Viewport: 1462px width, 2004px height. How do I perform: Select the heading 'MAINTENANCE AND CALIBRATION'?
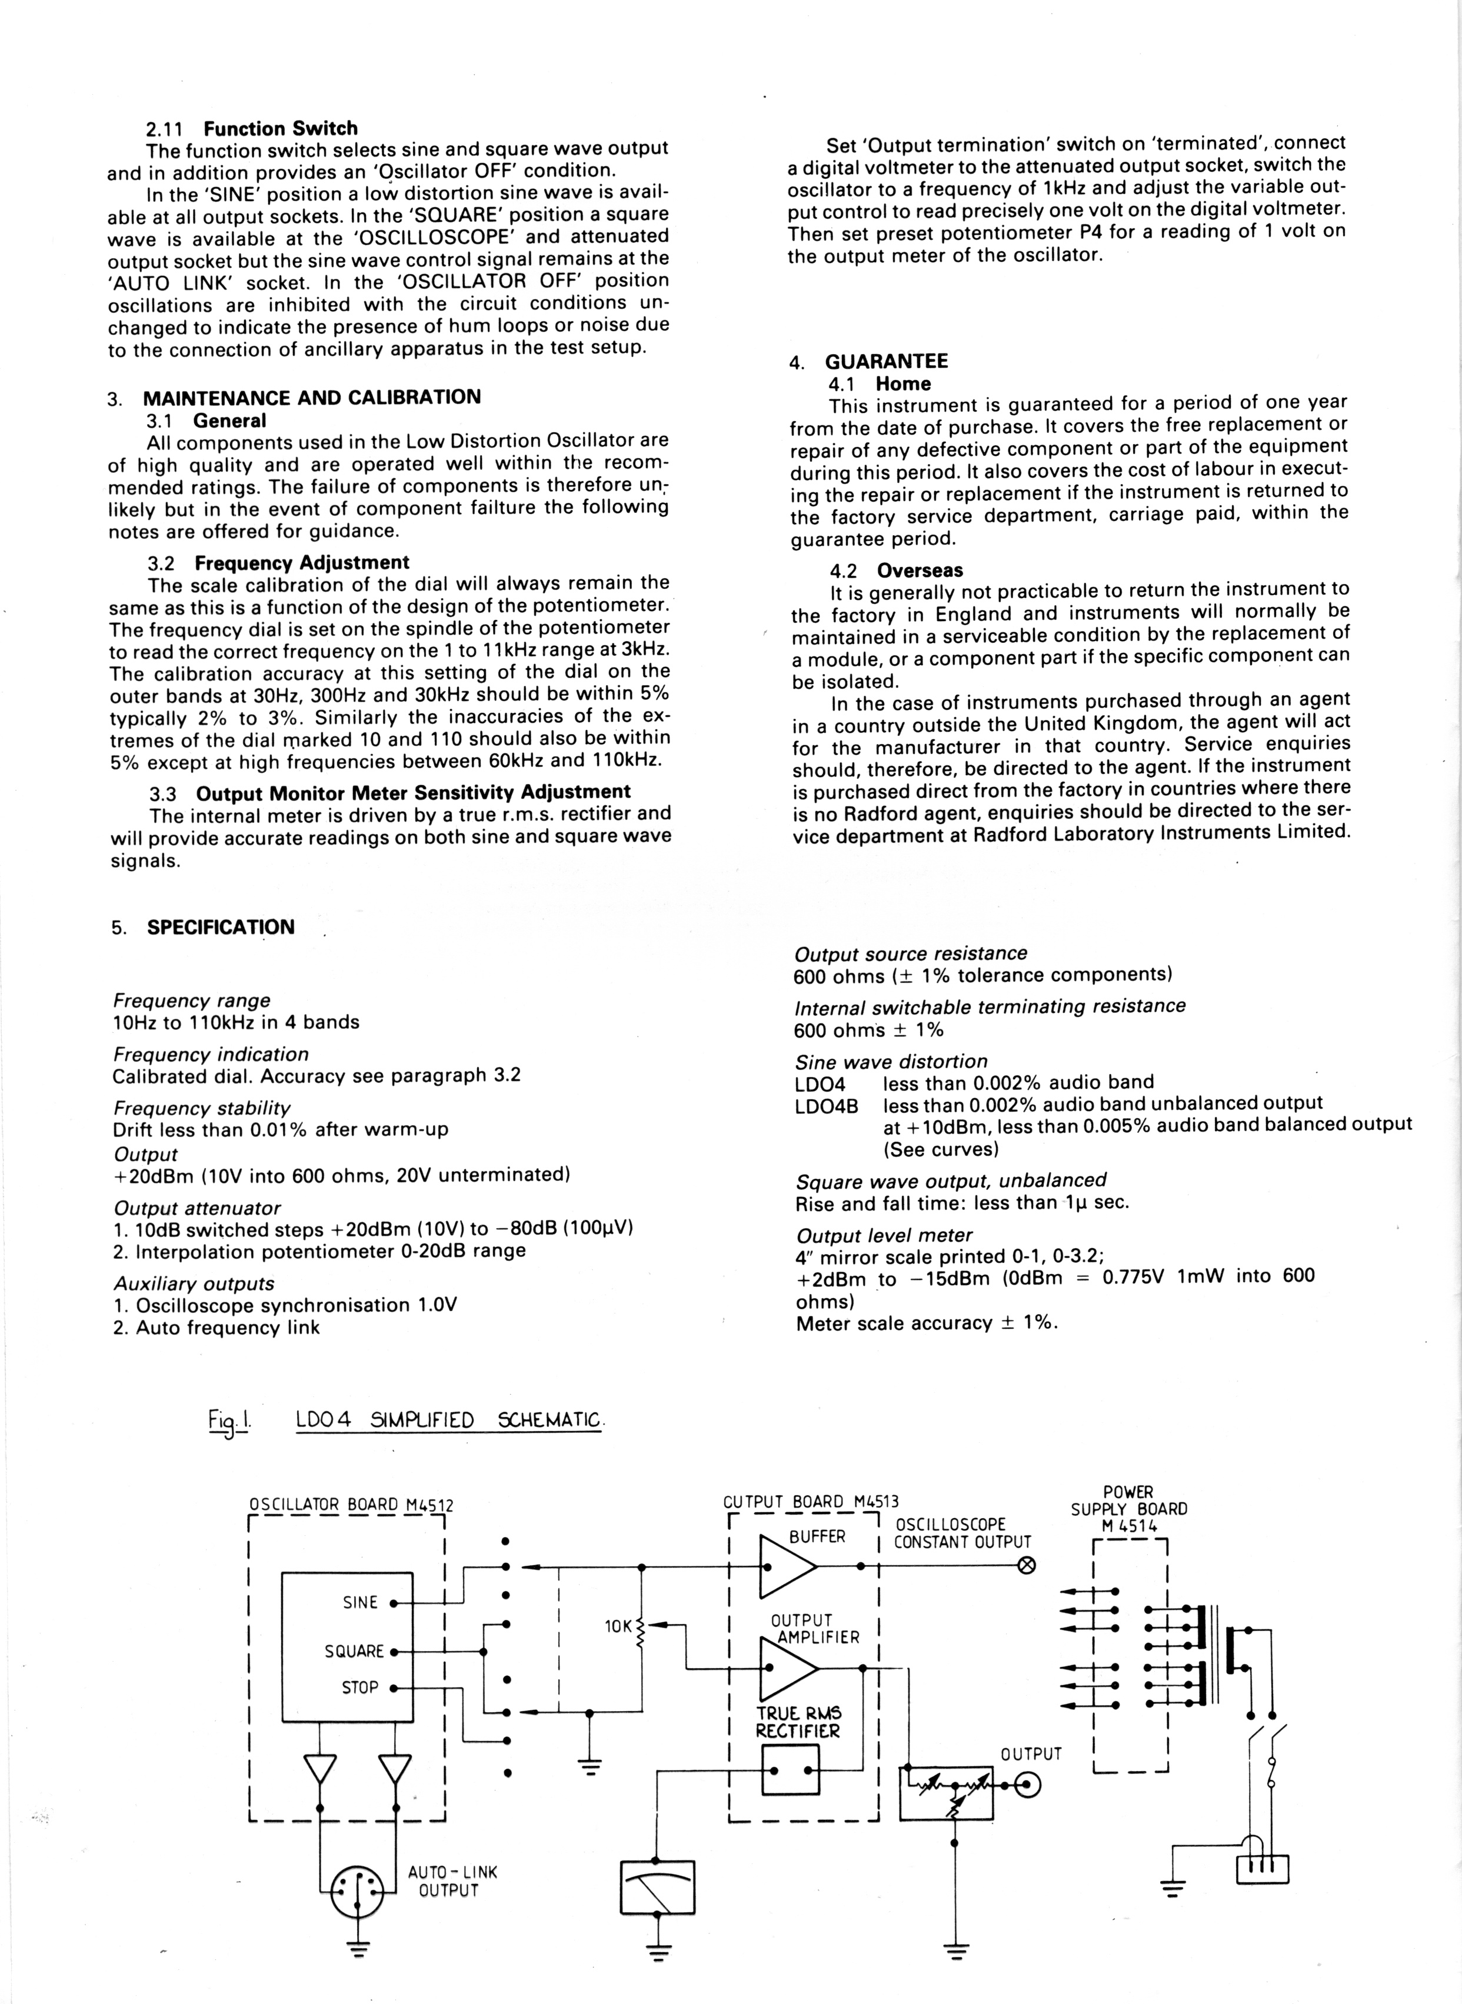coord(311,397)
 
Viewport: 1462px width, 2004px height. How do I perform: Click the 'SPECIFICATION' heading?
coord(221,927)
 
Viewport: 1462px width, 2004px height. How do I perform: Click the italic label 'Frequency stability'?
coord(202,1108)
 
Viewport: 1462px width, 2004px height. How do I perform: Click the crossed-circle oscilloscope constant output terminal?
coord(1027,1566)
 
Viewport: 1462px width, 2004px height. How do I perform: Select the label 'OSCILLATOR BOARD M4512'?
coord(351,1504)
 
